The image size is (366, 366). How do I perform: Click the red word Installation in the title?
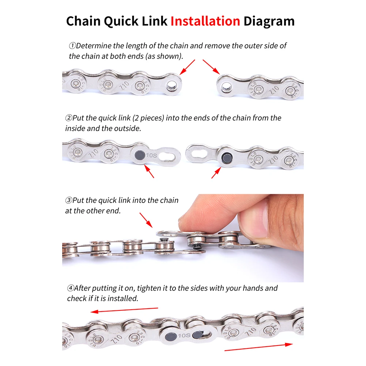click(x=205, y=21)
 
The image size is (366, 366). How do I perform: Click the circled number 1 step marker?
click(x=72, y=45)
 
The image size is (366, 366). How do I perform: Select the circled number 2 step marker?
click(x=69, y=118)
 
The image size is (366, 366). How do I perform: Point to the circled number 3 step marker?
click(x=69, y=200)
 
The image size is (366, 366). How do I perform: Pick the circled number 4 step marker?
click(x=71, y=288)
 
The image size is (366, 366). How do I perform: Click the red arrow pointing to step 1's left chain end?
click(x=188, y=67)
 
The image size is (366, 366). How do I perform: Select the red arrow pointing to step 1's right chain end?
click(x=211, y=67)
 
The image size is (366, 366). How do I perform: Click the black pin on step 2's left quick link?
click(x=140, y=155)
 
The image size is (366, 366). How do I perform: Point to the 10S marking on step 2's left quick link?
click(x=151, y=155)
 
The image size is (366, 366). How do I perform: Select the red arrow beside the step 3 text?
click(x=146, y=220)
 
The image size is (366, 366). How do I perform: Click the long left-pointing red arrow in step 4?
click(x=124, y=310)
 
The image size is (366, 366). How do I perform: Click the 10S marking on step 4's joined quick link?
click(x=184, y=336)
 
